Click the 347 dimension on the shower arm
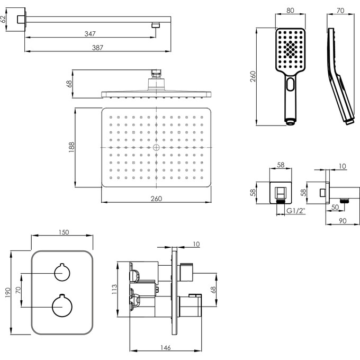click(x=89, y=34)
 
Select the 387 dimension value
click(x=97, y=48)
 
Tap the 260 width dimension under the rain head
click(x=157, y=199)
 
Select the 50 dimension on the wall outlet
click(x=336, y=208)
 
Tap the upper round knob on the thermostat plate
click(x=62, y=273)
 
